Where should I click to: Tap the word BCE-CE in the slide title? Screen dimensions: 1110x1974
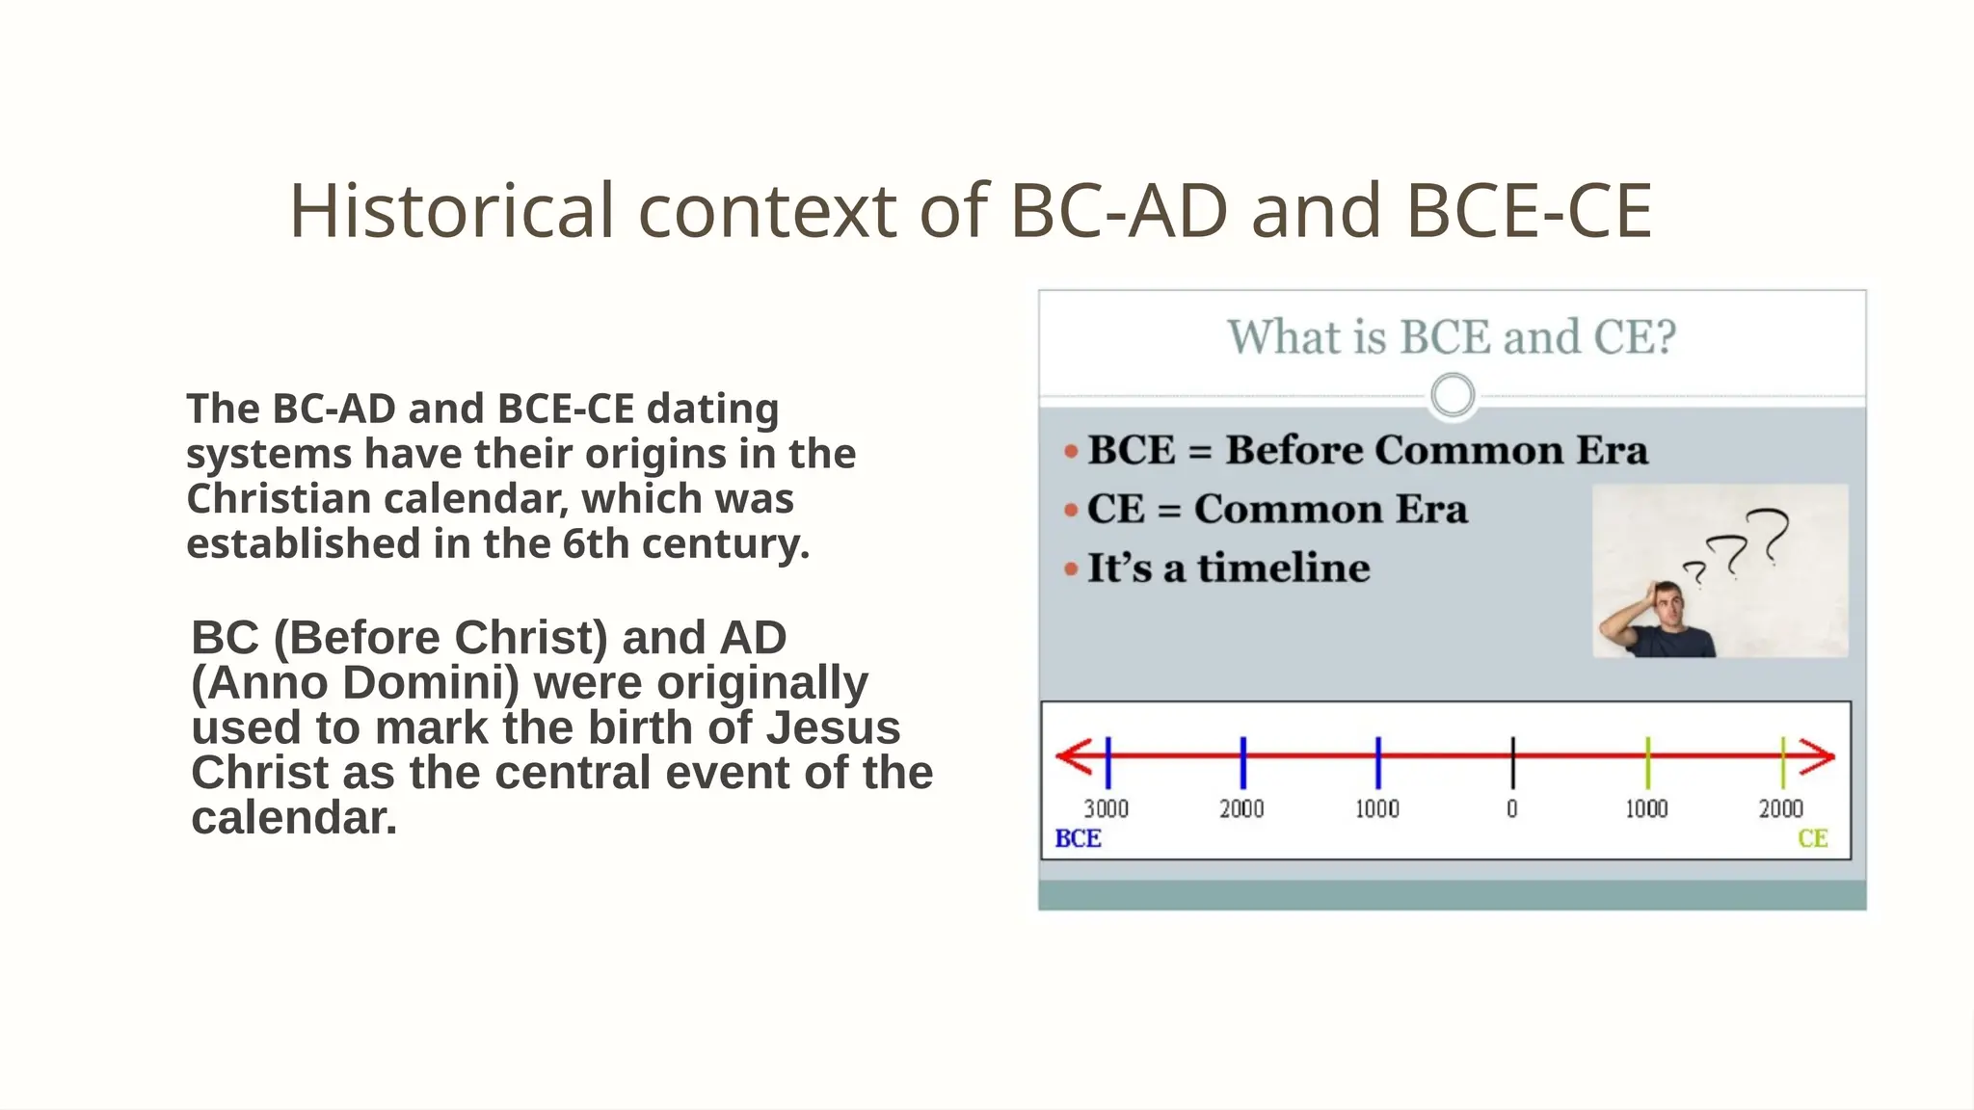(x=1529, y=211)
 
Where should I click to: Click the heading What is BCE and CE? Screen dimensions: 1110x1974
(x=1452, y=337)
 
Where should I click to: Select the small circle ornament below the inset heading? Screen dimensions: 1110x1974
(x=1453, y=395)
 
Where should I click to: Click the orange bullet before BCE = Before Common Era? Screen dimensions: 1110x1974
(x=1070, y=452)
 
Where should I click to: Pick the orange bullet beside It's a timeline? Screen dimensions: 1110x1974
(x=1070, y=569)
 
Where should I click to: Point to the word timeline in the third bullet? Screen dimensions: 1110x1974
(x=1283, y=568)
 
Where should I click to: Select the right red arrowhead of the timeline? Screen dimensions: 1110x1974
(x=1818, y=756)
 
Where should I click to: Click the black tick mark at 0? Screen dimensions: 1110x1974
(x=1512, y=761)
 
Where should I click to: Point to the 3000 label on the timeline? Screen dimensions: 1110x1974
(x=1106, y=808)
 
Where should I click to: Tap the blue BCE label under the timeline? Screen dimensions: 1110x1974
(x=1078, y=838)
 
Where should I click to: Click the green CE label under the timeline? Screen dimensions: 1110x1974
(x=1812, y=838)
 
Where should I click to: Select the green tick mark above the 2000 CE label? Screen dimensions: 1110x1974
(x=1782, y=761)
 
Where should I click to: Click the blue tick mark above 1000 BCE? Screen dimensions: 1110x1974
(x=1377, y=761)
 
